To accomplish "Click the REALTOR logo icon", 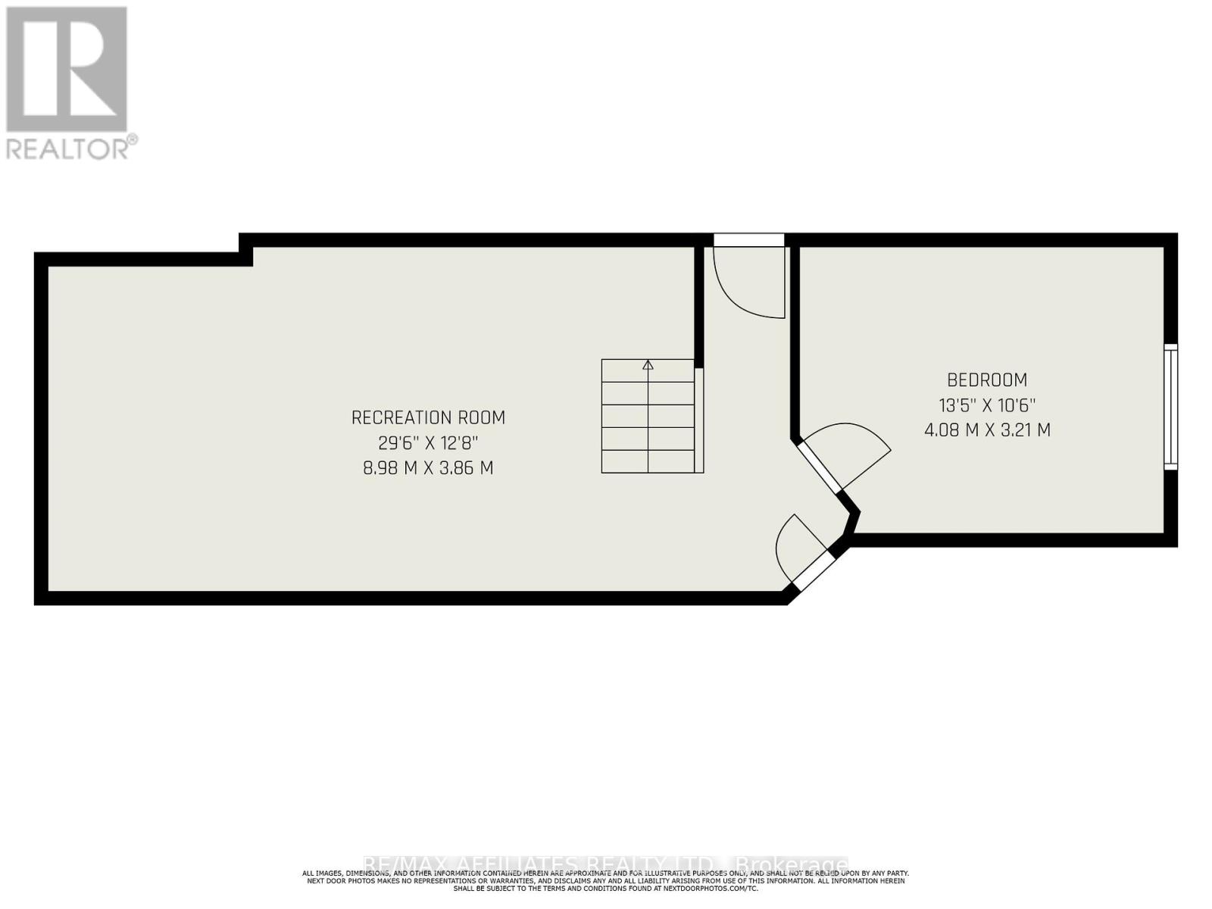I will coord(66,69).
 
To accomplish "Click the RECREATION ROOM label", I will coord(428,417).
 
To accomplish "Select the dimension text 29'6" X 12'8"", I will coord(428,442).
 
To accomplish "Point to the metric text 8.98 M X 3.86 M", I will coord(428,468).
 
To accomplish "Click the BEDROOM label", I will coord(987,380).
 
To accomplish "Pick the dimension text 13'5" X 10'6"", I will coord(987,405).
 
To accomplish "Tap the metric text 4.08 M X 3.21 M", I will coord(987,430).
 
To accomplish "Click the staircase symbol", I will coord(648,417).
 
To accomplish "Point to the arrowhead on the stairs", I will coord(648,364).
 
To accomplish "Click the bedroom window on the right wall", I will coord(1171,406).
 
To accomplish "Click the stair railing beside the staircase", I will coord(699,420).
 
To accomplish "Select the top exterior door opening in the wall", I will coord(748,240).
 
